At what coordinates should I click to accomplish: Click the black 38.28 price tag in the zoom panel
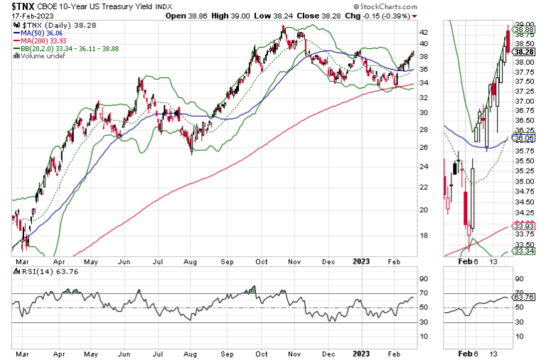point(525,52)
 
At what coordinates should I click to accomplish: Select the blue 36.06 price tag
point(525,139)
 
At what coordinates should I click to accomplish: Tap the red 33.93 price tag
point(525,227)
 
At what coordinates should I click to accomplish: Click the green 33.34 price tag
point(525,251)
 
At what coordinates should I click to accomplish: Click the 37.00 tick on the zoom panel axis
point(525,100)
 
